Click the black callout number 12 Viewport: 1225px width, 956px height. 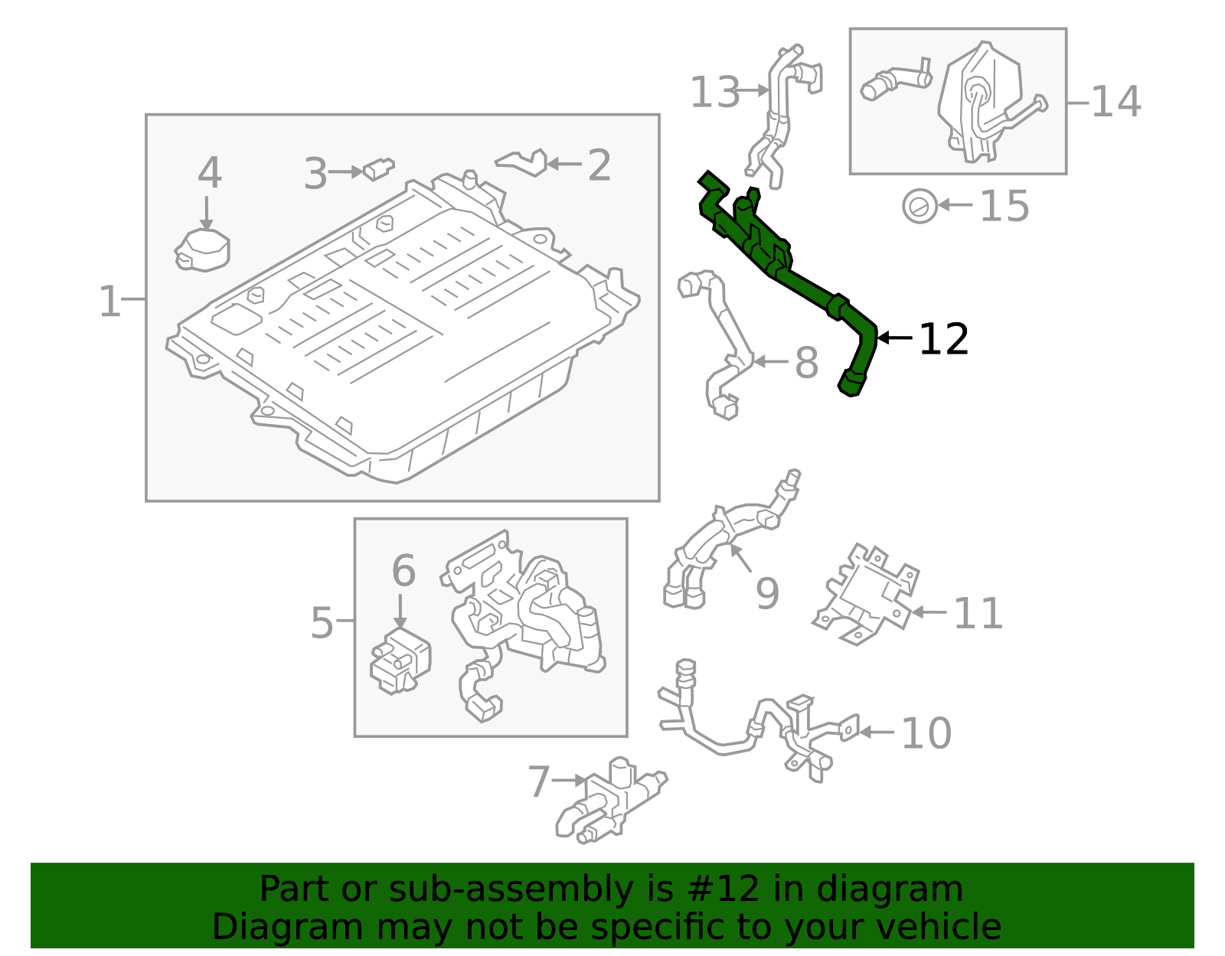[x=943, y=339]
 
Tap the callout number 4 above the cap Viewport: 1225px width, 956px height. [x=209, y=173]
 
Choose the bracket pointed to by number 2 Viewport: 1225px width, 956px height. [x=524, y=162]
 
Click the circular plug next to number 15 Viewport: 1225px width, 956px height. [x=920, y=206]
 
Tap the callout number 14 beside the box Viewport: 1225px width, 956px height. [x=1116, y=102]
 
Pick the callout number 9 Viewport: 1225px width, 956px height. [x=767, y=593]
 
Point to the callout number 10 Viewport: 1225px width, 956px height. [x=926, y=733]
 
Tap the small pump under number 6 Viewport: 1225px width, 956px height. [x=400, y=662]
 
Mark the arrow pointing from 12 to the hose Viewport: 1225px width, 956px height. [x=894, y=338]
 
